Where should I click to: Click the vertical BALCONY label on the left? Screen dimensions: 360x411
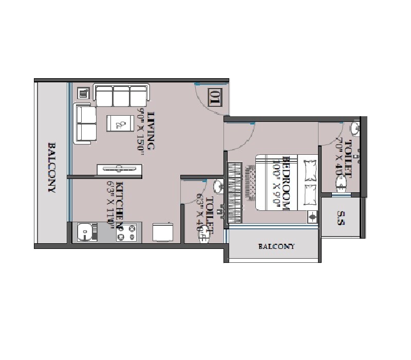click(52, 167)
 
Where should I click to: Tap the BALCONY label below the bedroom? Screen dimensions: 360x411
click(276, 247)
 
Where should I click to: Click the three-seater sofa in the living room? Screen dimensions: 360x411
click(121, 95)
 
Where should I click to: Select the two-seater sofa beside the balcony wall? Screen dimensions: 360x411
click(85, 123)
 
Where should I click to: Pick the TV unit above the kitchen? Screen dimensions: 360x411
click(120, 169)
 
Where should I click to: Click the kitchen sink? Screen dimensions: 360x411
click(85, 232)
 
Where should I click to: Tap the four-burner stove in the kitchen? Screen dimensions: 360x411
click(126, 232)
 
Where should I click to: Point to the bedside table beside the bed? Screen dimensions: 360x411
click(313, 217)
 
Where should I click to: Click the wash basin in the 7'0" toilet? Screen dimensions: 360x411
click(355, 128)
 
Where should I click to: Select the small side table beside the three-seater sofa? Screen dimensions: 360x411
click(83, 94)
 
